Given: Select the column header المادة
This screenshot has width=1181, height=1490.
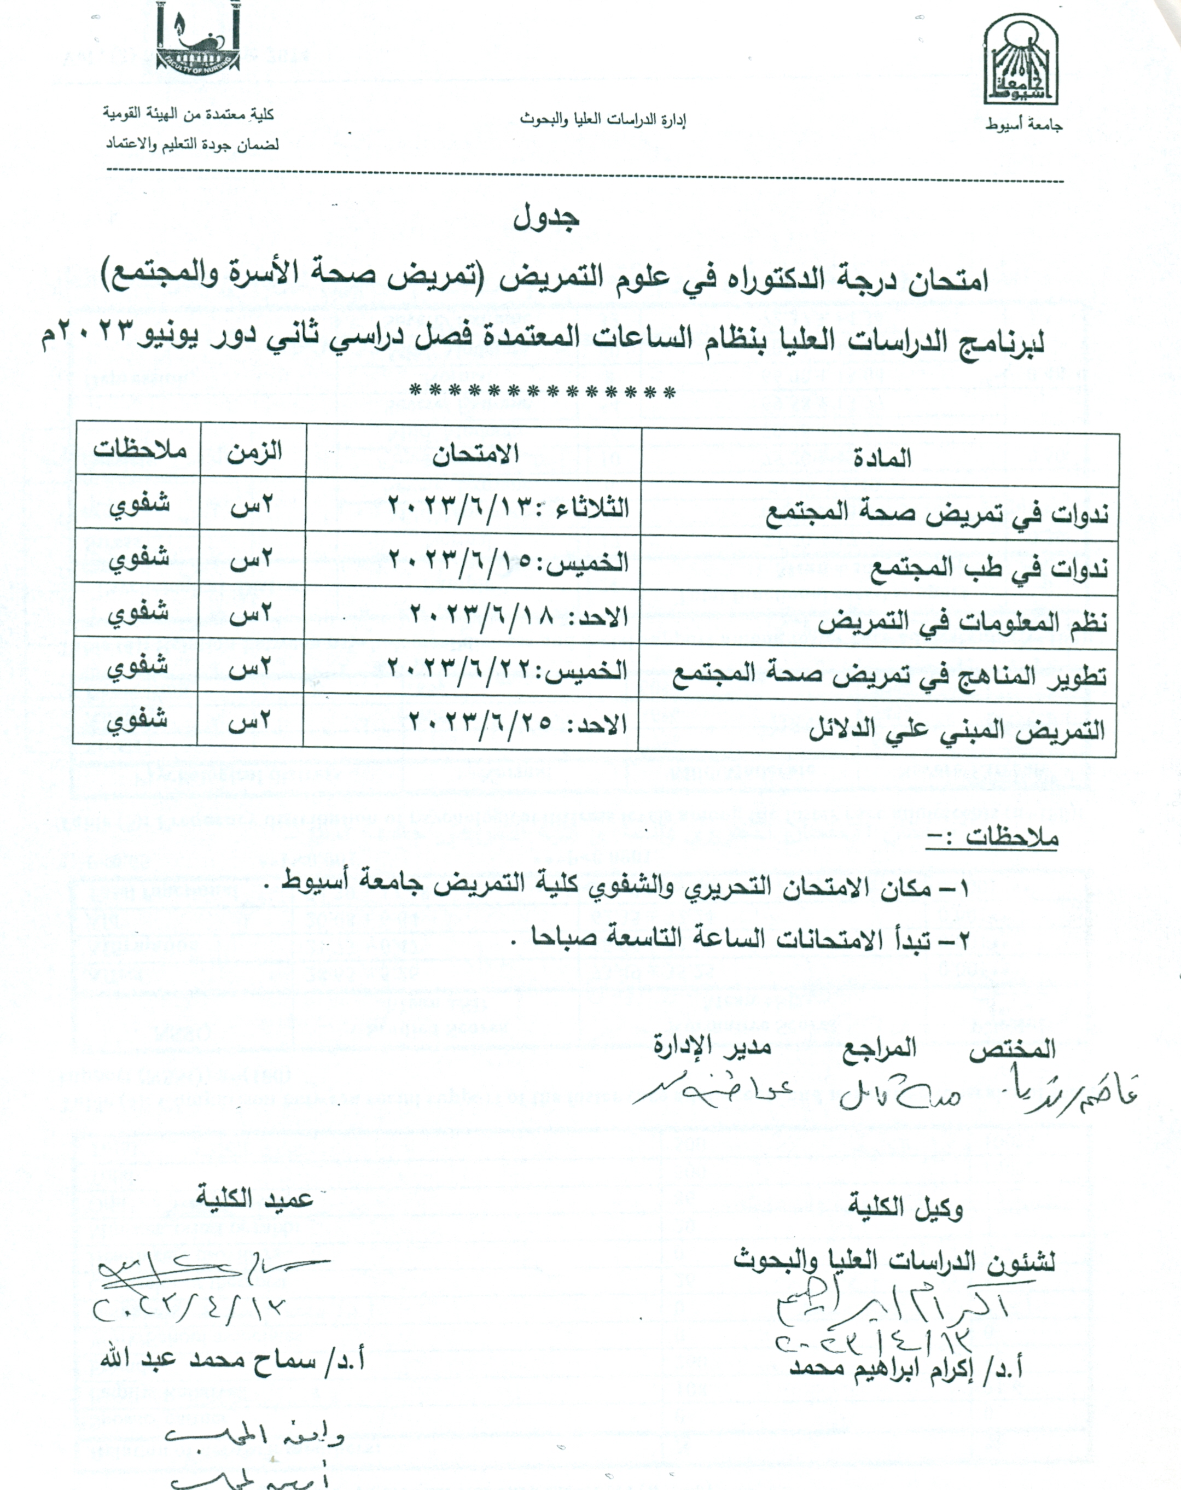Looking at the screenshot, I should click(x=882, y=458).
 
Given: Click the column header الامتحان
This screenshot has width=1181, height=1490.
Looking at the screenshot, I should click(x=475, y=456).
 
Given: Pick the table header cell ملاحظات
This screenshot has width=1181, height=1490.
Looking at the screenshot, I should click(x=140, y=451).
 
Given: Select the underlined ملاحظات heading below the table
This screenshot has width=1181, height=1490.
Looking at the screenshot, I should click(x=992, y=839).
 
